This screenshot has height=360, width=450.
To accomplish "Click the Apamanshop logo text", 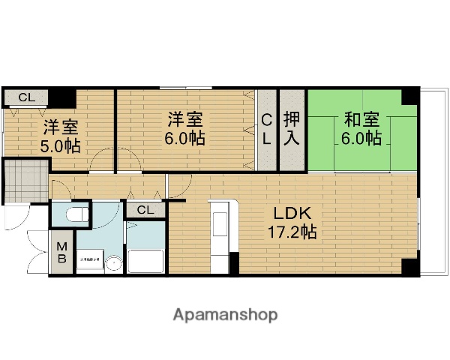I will click(x=226, y=315).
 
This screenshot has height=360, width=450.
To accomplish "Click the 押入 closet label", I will click(x=292, y=129).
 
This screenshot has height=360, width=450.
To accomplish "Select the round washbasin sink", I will click(x=113, y=263).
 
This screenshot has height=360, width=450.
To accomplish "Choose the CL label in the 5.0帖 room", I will click(x=26, y=97).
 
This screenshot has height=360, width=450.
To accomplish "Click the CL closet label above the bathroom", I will click(x=146, y=210).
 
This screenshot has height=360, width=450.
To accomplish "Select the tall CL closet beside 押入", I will click(x=267, y=129).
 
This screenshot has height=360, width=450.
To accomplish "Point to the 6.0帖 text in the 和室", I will click(x=361, y=139).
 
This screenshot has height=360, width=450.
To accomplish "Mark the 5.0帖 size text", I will click(x=61, y=146).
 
